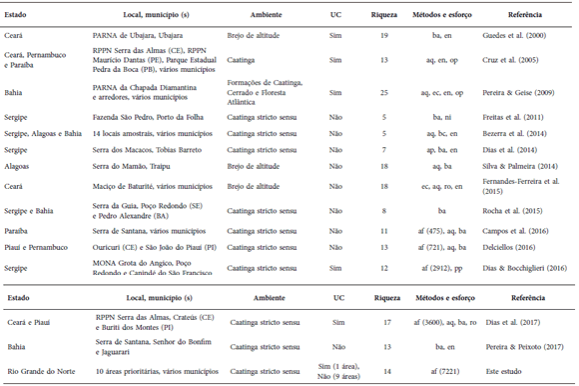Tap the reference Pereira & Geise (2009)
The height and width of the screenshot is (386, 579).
[x=516, y=91]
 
